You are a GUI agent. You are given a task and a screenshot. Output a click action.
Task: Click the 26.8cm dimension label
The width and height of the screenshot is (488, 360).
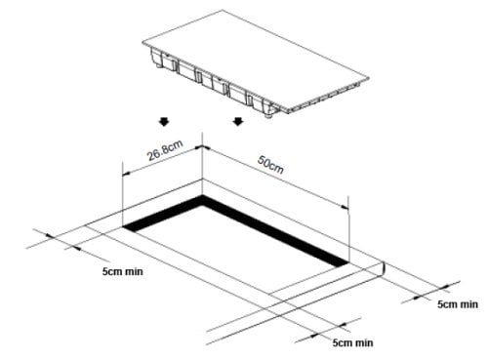[x=165, y=150]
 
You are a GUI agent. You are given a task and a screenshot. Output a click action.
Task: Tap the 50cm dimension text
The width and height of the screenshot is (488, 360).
[x=270, y=164]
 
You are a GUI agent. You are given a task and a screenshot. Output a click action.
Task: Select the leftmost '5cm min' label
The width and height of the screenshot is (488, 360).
[x=123, y=271]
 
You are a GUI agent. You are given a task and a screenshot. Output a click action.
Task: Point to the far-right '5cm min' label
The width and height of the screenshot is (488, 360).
[x=458, y=304]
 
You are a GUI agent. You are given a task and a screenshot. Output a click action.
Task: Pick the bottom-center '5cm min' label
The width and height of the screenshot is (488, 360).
[x=352, y=342]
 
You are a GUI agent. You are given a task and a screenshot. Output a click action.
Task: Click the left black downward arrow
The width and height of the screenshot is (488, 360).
[x=164, y=122]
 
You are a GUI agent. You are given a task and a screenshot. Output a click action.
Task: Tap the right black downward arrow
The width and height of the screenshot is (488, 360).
[x=238, y=122]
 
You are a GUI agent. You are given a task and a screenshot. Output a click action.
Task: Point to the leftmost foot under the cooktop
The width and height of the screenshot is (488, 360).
[x=158, y=65]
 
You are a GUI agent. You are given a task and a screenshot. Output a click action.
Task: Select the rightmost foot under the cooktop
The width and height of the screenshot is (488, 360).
[x=269, y=114]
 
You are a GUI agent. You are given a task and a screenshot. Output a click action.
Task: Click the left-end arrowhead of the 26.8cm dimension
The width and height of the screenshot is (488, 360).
[x=126, y=174]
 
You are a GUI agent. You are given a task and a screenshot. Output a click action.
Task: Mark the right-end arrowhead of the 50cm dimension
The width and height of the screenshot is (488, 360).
[x=345, y=207]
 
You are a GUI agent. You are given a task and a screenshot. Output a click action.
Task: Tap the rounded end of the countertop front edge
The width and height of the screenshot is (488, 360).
[x=384, y=269]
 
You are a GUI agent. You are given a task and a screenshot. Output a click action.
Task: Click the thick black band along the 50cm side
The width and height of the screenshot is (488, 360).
[x=275, y=230]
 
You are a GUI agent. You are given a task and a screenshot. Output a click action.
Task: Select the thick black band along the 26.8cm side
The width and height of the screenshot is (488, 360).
[x=163, y=214]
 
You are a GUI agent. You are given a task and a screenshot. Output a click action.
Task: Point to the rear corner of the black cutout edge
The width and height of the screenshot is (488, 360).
[x=203, y=195]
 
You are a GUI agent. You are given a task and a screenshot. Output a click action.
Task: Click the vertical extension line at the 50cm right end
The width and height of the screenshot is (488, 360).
[x=348, y=229]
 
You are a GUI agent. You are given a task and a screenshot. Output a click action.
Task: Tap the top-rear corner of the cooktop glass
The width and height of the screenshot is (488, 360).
[x=224, y=10]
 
